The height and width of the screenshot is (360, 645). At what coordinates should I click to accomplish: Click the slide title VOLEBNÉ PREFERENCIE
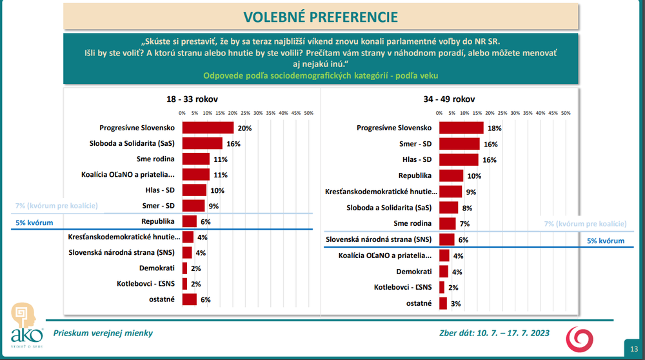pyautogui.click(x=321, y=16)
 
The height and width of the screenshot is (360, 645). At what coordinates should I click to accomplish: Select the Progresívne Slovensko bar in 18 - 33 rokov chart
pyautogui.click(x=208, y=128)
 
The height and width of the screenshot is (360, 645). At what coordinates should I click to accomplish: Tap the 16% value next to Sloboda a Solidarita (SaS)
pyautogui.click(x=232, y=143)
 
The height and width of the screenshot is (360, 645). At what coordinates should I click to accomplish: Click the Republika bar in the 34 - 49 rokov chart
pyautogui.click(x=451, y=175)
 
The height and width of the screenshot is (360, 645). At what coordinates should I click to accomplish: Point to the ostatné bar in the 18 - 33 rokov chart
pyautogui.click(x=190, y=299)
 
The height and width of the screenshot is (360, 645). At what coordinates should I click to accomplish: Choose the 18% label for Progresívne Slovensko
pyautogui.click(x=494, y=128)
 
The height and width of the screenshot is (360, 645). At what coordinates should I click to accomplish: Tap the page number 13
pyautogui.click(x=634, y=349)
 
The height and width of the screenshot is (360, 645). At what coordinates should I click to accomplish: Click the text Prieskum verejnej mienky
pyautogui.click(x=103, y=334)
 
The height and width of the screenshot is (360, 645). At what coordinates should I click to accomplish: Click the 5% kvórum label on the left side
pyautogui.click(x=34, y=223)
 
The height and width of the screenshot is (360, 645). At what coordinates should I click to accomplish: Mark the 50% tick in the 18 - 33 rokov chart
pyautogui.click(x=308, y=113)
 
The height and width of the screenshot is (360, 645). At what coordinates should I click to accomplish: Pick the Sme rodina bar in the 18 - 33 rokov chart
pyautogui.click(x=196, y=159)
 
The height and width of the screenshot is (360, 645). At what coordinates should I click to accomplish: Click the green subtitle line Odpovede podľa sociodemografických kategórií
pyautogui.click(x=321, y=75)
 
